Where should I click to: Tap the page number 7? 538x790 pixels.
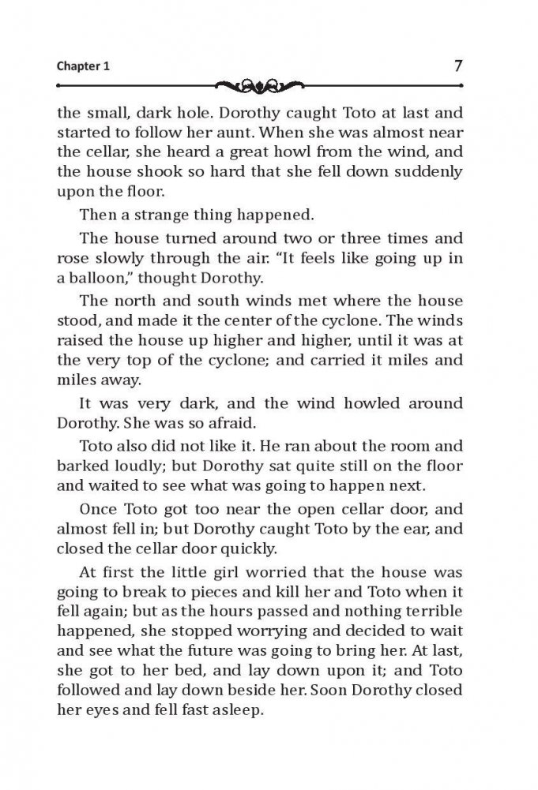[458, 66]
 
